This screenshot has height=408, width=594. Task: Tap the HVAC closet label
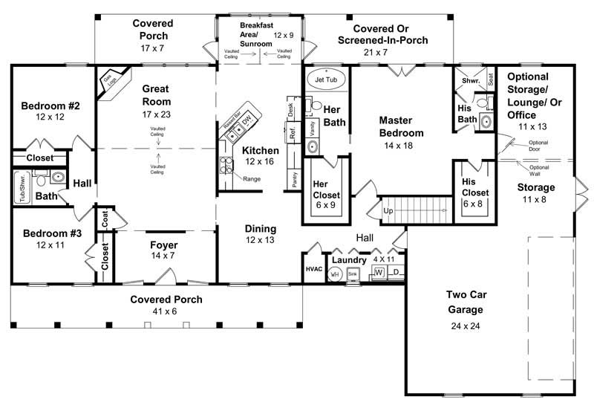click(x=313, y=269)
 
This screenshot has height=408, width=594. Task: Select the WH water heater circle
click(x=335, y=274)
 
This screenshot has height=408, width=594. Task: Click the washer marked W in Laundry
click(x=379, y=273)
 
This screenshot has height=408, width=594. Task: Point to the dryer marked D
click(x=396, y=273)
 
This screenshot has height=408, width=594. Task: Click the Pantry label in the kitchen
click(x=295, y=178)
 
